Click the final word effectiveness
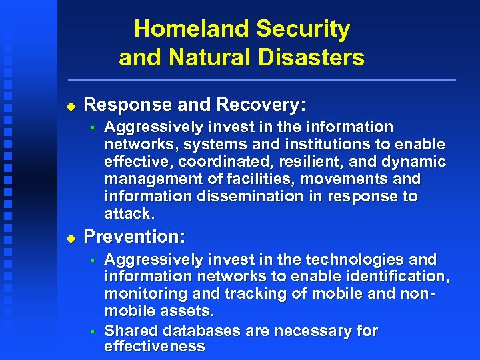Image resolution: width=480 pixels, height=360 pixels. click(154, 347)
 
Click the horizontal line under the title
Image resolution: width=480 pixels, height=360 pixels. click(260, 80)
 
